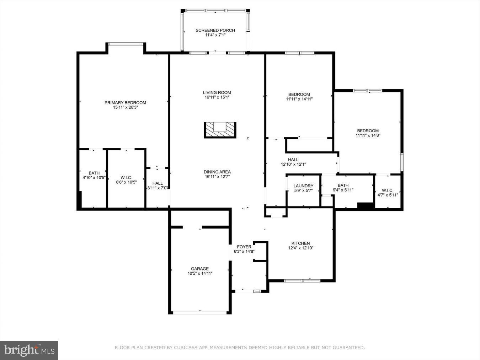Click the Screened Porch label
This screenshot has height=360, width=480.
(x=215, y=30)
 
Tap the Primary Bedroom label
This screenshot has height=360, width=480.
(x=125, y=103)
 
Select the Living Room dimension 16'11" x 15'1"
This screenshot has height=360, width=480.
(x=217, y=97)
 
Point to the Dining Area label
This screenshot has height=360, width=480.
(x=217, y=172)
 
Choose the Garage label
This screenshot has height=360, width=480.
(x=200, y=269)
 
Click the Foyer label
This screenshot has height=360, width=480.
(x=244, y=247)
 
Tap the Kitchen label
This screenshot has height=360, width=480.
(x=300, y=243)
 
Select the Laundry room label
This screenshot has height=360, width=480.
(x=303, y=186)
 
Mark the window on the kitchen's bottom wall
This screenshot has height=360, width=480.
(x=302, y=280)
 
